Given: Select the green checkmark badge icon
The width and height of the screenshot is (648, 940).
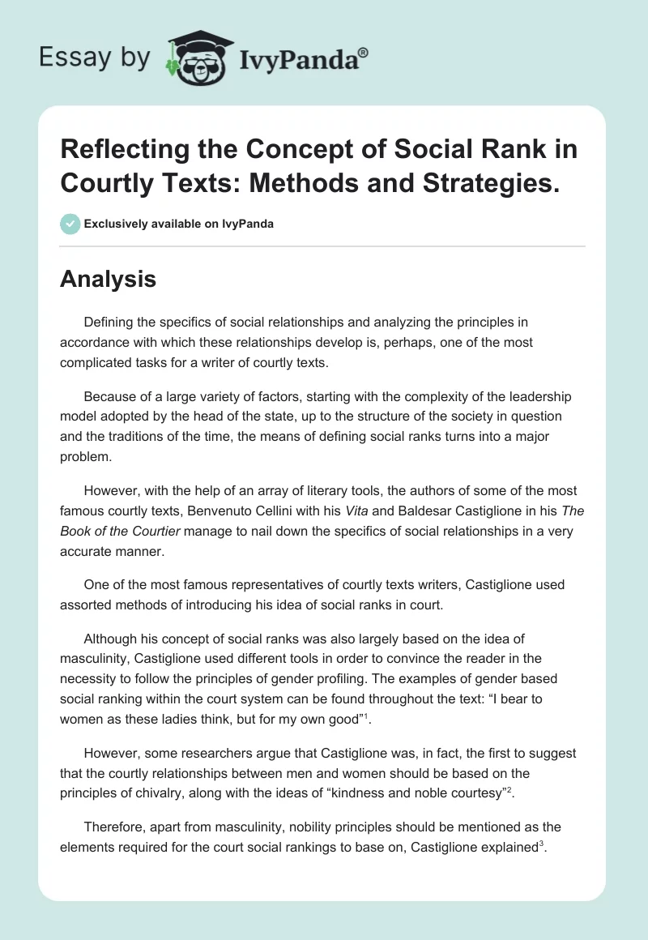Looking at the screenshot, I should coord(70,224).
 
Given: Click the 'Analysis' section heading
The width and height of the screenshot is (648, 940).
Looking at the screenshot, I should coord(108,279).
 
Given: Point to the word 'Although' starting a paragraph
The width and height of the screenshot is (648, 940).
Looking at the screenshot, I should coord(110,639).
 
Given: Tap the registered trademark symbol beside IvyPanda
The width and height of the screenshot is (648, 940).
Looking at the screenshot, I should coord(364,53).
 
